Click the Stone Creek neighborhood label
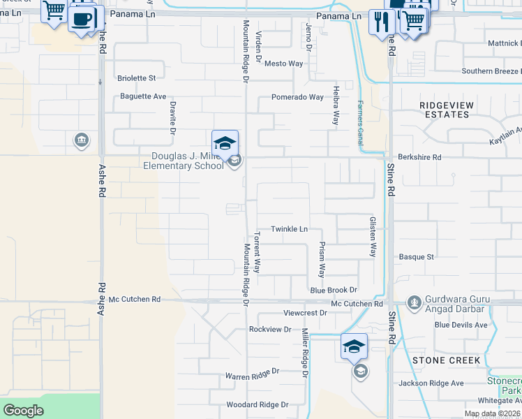[446, 360]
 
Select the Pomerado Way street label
[297, 97]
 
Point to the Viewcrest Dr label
[305, 313]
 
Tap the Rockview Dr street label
[269, 329]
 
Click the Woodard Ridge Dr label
[257, 404]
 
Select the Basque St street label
[417, 257]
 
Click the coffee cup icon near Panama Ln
[83, 19]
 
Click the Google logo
[23, 411]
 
